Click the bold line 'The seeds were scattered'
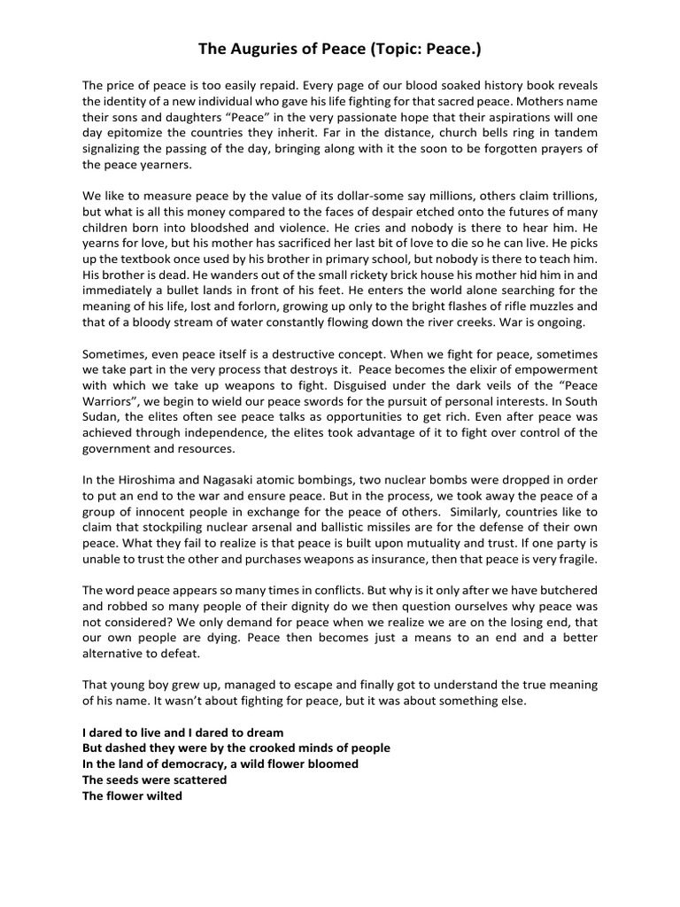pos(154,779)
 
